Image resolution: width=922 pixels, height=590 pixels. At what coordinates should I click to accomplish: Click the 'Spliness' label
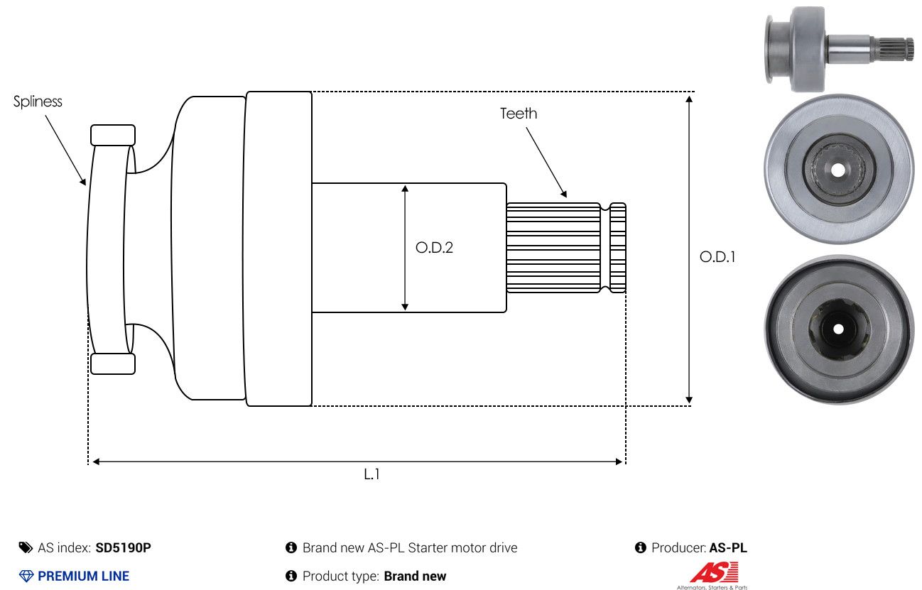point(38,102)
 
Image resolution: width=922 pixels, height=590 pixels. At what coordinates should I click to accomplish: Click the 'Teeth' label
point(519,114)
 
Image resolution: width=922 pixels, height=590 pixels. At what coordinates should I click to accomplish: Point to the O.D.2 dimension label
point(434,248)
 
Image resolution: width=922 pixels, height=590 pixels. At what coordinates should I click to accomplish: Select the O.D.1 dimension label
point(717,257)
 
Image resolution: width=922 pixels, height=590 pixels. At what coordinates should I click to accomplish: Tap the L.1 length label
point(371,474)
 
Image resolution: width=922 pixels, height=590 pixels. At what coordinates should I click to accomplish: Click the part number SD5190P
point(123,547)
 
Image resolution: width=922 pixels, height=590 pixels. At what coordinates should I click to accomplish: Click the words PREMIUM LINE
point(84,576)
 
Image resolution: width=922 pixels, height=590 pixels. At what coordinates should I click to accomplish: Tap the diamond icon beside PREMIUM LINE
point(26,576)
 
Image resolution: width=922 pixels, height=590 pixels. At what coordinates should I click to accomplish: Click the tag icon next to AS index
point(26,547)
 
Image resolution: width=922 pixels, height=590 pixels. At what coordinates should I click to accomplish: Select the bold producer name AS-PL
point(728,547)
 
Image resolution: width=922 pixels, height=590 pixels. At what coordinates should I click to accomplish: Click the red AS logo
point(714,572)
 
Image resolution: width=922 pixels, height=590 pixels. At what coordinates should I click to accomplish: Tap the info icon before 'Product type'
point(291,576)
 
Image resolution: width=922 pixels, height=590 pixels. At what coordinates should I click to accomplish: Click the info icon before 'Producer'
point(641,547)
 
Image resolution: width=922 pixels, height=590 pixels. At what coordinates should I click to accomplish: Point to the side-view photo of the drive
point(839,49)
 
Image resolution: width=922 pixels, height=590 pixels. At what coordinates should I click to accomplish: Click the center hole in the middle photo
point(838,170)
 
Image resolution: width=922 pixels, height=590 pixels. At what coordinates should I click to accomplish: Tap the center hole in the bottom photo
point(838,329)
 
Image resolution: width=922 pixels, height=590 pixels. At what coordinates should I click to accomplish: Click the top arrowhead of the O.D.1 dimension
point(689,99)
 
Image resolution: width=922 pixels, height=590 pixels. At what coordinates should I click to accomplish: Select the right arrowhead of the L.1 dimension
point(619,461)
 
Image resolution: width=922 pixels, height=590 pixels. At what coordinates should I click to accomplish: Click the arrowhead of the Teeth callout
point(564,194)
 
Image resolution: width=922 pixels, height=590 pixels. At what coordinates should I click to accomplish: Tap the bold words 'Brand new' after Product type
point(415,576)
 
